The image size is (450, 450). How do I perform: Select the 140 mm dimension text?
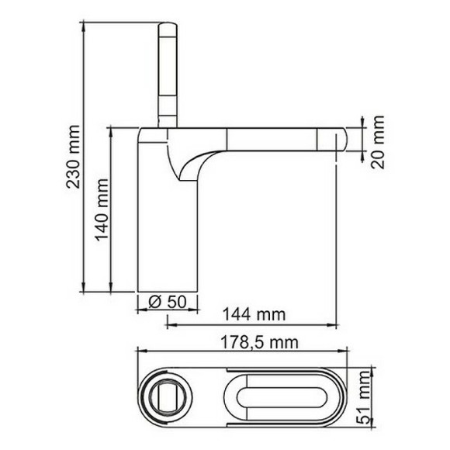click(102, 210)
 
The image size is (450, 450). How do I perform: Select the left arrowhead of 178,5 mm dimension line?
click(140, 350)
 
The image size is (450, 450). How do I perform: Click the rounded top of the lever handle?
click(168, 28)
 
